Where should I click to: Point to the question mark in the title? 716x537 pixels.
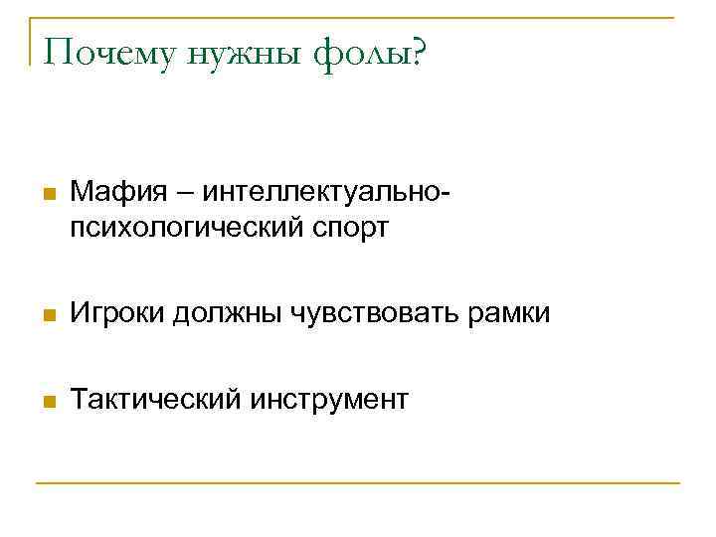click(x=413, y=52)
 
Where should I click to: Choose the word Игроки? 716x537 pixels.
click(x=118, y=314)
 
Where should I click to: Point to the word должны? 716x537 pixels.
click(x=226, y=314)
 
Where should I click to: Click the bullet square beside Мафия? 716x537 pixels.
click(x=48, y=192)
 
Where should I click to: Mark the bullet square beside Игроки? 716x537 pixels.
click(x=48, y=315)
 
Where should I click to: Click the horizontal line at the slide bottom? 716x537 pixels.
click(x=358, y=483)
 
